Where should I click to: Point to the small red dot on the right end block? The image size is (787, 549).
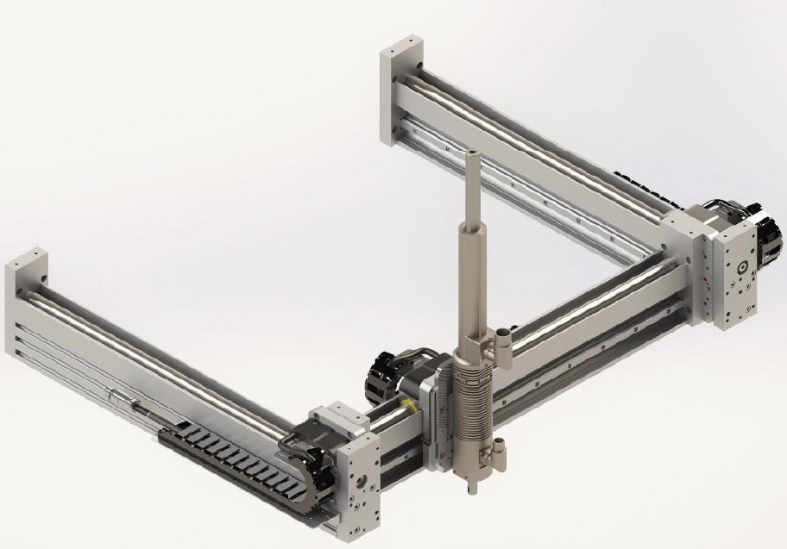707,278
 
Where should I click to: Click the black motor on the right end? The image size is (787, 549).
763,231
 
